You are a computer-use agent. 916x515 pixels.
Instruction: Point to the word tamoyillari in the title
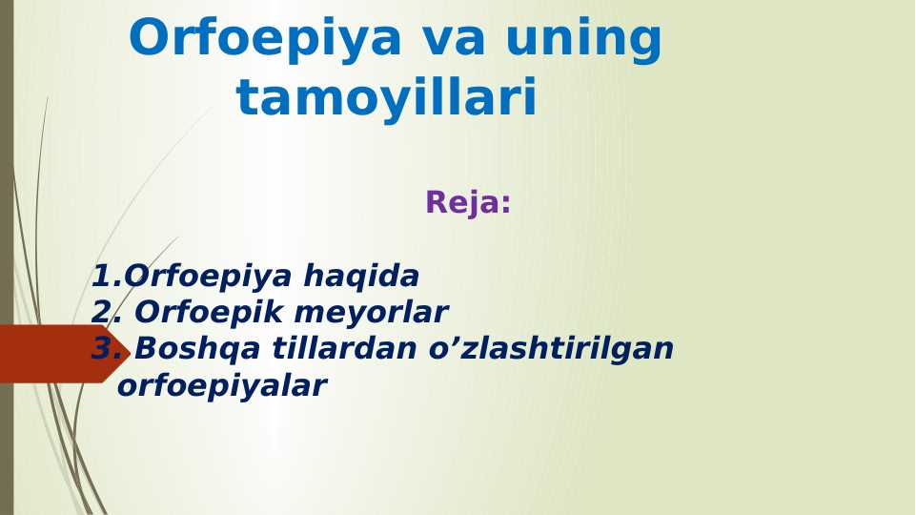tap(387, 98)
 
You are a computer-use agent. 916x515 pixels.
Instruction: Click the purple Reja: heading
tap(468, 202)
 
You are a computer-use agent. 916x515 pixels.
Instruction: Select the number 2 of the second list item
tap(102, 313)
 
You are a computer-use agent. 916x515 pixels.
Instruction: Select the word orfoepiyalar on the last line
tap(221, 386)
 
